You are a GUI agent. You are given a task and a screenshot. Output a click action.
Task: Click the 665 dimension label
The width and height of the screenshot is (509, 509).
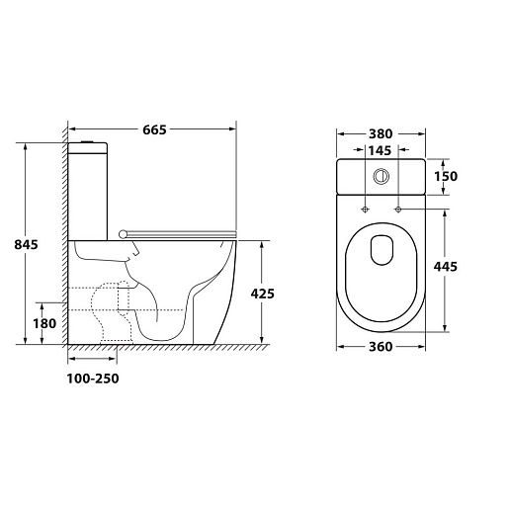click(154, 129)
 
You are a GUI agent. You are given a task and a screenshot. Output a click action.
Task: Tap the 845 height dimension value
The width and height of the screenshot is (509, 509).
click(26, 244)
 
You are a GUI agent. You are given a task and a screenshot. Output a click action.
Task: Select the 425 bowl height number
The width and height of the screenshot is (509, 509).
click(262, 294)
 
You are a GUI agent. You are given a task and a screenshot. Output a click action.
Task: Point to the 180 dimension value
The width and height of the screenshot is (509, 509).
click(44, 323)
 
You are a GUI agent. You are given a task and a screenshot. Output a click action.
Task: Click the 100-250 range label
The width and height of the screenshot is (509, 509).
click(93, 379)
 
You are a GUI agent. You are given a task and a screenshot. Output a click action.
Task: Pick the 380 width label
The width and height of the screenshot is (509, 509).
click(381, 134)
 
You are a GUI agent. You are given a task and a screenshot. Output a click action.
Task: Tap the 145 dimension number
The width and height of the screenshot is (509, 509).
click(380, 150)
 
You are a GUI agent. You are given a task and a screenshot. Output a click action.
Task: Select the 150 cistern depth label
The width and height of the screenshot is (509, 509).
click(446, 176)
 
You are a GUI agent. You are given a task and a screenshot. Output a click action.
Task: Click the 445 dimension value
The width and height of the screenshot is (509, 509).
click(446, 267)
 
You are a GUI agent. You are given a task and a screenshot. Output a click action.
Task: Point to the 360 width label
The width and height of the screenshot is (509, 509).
click(381, 347)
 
